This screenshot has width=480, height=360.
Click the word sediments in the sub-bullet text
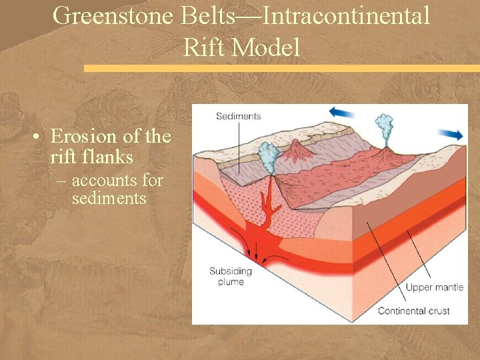109,198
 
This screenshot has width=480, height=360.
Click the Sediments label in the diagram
238,116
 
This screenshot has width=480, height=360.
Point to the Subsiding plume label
227,277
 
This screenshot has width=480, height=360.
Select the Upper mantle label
434,287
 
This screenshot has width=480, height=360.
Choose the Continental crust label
413,311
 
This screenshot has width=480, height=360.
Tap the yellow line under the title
280,68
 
